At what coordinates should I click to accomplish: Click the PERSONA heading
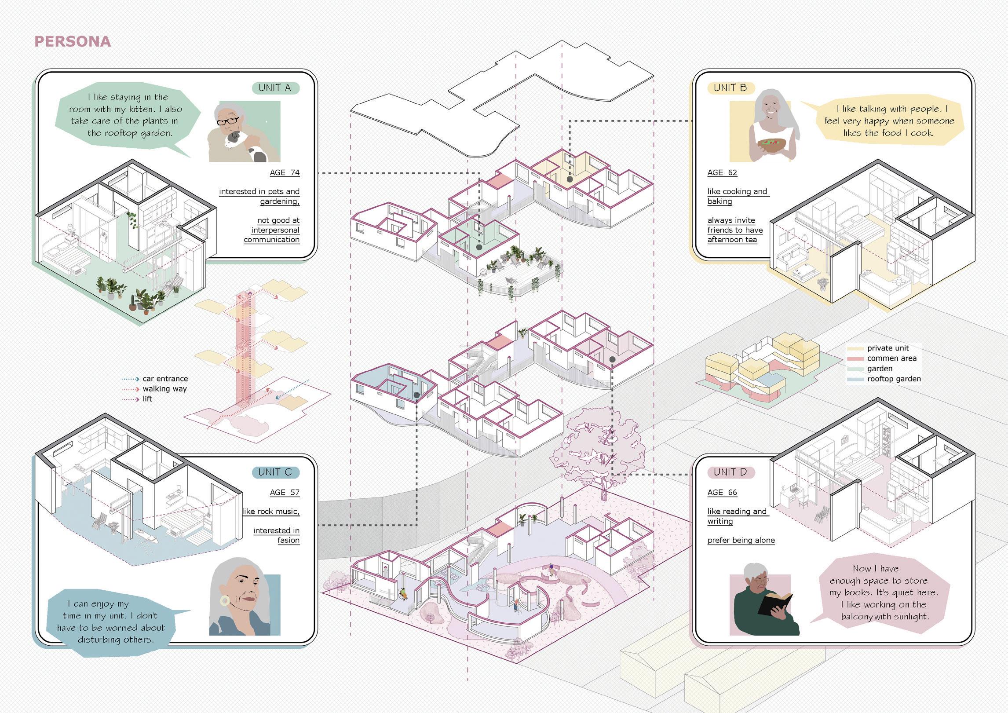[73, 41]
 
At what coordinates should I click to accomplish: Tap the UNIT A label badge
[275, 88]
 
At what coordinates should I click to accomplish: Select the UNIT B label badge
[730, 88]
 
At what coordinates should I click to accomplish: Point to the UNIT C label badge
[275, 472]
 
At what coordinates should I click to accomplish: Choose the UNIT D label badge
[730, 472]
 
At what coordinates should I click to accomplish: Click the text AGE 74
[285, 173]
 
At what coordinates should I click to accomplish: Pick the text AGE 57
[285, 492]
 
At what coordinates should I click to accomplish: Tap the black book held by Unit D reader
[775, 603]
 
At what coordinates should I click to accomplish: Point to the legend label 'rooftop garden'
[894, 379]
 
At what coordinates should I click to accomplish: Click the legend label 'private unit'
[888, 348]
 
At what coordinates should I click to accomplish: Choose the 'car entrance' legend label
[165, 379]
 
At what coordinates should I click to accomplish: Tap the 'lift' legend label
[147, 399]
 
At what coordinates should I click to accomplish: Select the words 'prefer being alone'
[741, 541]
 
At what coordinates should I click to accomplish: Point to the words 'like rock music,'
[271, 512]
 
